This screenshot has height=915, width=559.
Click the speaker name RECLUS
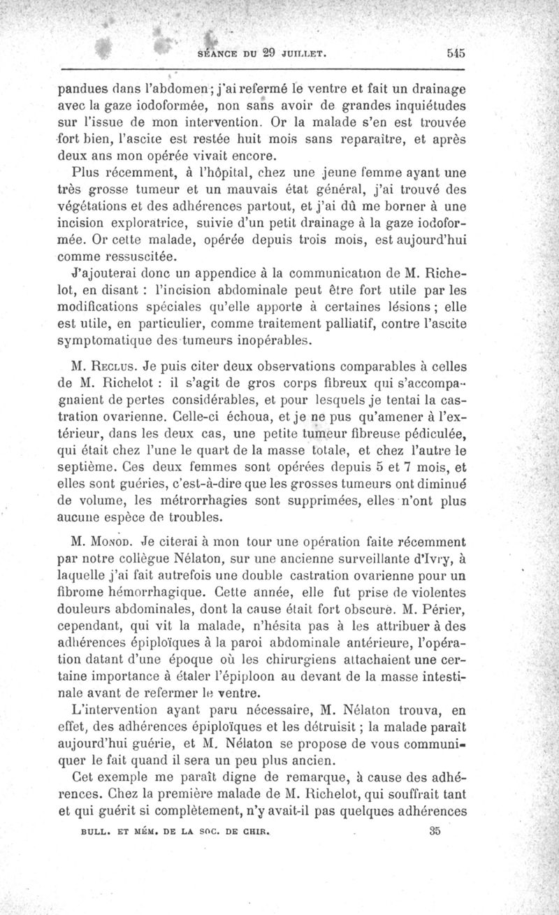click(x=112, y=365)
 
